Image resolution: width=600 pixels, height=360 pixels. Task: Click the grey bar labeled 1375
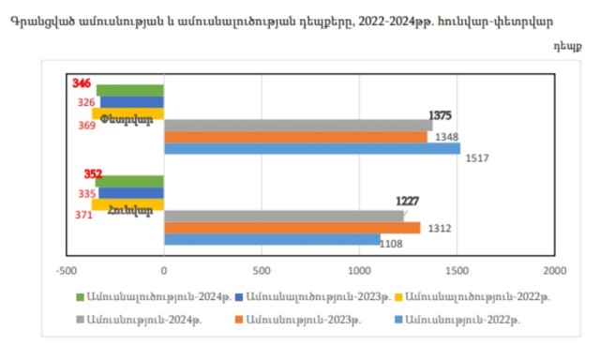298,125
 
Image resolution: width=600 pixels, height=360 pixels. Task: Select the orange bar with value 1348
295,137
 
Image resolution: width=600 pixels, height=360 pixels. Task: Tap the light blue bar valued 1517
312,148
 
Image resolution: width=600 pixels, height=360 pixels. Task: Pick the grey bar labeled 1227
283,216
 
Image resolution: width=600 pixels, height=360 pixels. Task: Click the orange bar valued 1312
292,228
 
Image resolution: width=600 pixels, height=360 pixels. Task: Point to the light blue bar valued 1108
272,239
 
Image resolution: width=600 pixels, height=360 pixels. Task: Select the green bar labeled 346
130,90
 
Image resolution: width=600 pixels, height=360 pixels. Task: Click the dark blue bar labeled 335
131,193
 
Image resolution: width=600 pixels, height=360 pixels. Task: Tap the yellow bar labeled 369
127,113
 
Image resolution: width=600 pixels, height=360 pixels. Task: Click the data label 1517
477,158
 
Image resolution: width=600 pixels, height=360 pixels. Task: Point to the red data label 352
93,174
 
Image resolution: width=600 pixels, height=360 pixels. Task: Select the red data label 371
83,215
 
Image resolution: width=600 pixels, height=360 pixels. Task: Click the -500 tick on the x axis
67,271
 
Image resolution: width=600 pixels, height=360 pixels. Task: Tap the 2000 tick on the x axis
555,271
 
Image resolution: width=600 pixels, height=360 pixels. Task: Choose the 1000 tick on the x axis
359,271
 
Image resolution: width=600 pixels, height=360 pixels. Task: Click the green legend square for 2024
80,297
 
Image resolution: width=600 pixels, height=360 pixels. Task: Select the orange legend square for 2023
239,319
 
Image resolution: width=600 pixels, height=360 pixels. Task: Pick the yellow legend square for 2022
398,297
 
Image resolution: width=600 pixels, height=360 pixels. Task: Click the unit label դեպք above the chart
568,46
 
